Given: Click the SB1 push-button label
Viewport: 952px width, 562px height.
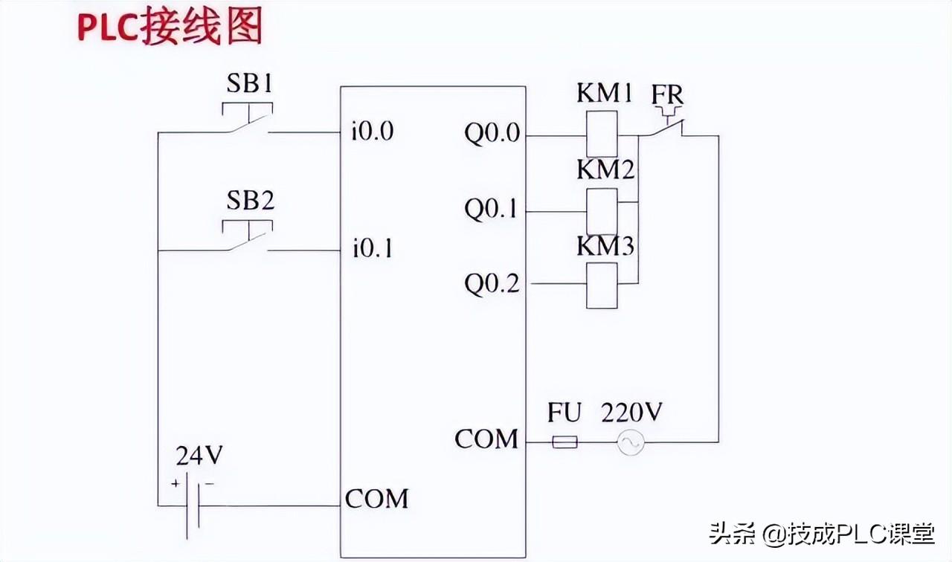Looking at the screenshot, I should coord(249,83).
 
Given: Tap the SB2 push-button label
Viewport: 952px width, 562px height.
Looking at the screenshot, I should coord(250,200).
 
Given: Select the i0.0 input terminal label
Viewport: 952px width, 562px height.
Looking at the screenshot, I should coord(373,132).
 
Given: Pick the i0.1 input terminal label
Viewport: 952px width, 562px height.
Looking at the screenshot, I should coord(373,248).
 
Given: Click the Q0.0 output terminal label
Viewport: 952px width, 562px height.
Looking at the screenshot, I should coord(492,135).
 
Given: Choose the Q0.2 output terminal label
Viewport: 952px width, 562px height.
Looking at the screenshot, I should coord(492,283).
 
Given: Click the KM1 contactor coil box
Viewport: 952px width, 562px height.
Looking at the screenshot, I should coord(602,135).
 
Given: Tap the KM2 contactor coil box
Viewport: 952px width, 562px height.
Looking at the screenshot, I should coord(602,212).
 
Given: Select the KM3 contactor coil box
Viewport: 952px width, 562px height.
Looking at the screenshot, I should coord(602,286).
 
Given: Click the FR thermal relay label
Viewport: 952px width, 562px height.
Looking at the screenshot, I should coord(667,95).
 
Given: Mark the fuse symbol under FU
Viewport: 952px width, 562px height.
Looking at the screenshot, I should coord(565,442).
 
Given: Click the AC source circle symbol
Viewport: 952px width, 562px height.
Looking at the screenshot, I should coord(631,443).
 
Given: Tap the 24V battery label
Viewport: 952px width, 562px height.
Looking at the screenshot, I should coord(199,455).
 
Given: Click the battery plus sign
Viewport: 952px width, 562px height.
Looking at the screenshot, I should coord(176,483).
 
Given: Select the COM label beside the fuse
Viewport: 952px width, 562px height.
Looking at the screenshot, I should coord(486,439).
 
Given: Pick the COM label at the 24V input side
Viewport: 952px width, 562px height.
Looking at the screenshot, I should coord(376,498).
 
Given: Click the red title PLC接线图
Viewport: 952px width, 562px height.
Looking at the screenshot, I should coord(170,28).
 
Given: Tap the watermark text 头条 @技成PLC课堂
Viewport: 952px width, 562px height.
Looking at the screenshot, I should coord(822,534).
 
